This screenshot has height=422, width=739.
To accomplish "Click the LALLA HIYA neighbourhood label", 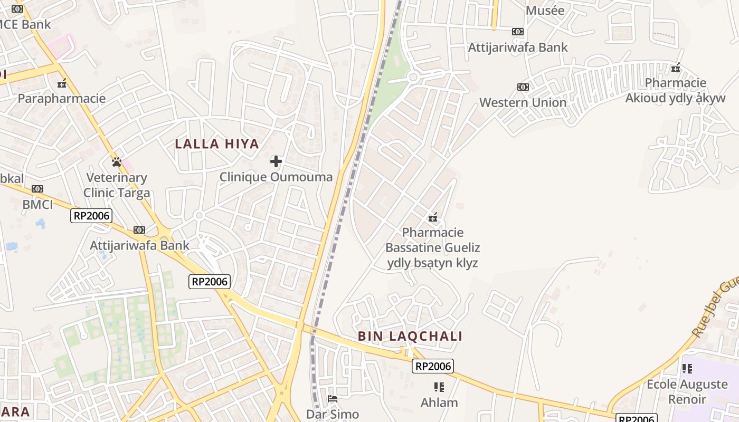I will tap(217, 144).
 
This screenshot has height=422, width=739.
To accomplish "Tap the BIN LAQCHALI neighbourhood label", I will tap(410, 337).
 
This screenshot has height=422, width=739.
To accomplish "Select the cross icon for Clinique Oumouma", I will tap(276, 161).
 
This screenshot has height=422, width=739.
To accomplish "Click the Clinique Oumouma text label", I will tap(276, 177).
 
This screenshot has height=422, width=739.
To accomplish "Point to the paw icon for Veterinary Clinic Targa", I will tap(117, 162).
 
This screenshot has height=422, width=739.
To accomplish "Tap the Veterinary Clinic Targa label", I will tap(117, 185).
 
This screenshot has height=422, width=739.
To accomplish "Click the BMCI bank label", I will tap(37, 205).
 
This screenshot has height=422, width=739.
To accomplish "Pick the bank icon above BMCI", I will tap(37, 189).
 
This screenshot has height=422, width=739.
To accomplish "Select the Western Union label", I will tap(523, 102).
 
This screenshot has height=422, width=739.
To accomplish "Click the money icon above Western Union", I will tap(523, 87).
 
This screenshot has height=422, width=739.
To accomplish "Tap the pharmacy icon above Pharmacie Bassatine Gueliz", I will tap(433, 217).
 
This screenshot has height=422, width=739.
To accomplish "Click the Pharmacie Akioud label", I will tap(676, 90).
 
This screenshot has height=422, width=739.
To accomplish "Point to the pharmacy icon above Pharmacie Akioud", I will tap(676, 68).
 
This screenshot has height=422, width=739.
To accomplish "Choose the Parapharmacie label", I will tap(62, 99).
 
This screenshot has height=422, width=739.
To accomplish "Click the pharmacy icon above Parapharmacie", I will tap(62, 83).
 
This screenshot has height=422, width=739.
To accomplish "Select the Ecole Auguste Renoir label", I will tap(687, 391).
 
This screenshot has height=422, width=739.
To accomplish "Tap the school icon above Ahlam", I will tap(439, 387).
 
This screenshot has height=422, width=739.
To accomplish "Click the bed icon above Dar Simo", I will tap(333, 399).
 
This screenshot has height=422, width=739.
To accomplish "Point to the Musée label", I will tap(545, 11).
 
